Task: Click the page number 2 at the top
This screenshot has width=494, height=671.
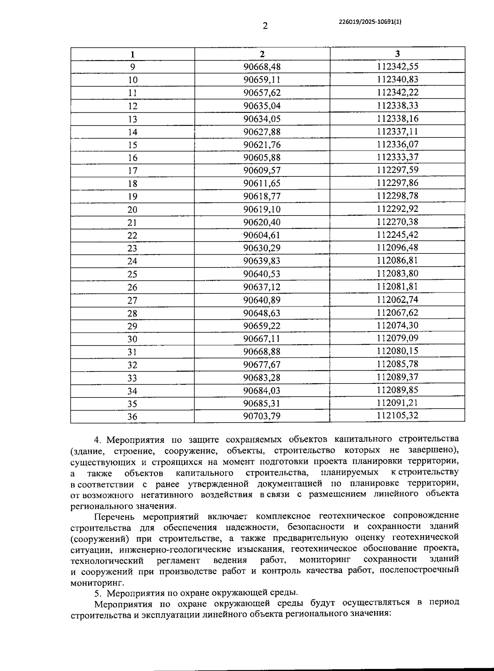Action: point(265,26)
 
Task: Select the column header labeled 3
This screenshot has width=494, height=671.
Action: point(397,54)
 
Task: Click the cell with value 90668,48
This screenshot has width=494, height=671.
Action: point(262,67)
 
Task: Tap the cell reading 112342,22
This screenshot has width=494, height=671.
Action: point(397,93)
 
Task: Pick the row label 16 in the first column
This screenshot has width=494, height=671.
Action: point(132,158)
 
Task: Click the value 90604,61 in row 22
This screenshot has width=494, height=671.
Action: point(262,235)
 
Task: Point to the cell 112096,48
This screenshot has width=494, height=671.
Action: point(397,248)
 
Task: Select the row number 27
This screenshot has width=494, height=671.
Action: point(132,300)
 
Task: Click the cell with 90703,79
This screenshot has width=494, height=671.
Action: point(262,416)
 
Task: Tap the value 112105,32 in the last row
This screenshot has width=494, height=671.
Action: point(397,416)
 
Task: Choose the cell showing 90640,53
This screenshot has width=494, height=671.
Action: point(262,274)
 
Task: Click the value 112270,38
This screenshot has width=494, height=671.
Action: point(397,222)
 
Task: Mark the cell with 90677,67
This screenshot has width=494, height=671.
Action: point(262,365)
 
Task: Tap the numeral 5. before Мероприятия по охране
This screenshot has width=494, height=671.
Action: point(98,593)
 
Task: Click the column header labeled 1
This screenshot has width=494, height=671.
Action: point(132,54)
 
